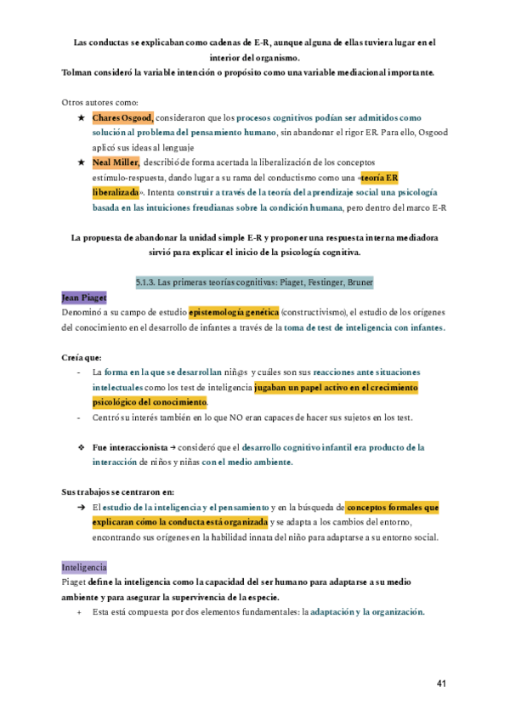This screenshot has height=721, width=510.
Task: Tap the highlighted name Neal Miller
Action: [116, 162]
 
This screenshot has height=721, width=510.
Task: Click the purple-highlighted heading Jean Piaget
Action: [84, 298]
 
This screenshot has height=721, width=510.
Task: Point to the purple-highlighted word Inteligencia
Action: [84, 567]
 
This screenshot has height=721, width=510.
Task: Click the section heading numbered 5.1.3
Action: [254, 281]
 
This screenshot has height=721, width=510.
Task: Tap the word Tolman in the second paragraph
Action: [78, 72]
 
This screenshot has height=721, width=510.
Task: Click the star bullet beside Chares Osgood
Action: [80, 117]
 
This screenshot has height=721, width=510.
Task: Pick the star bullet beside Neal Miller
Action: [80, 162]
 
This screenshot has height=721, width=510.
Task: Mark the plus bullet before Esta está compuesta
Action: [80, 612]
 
